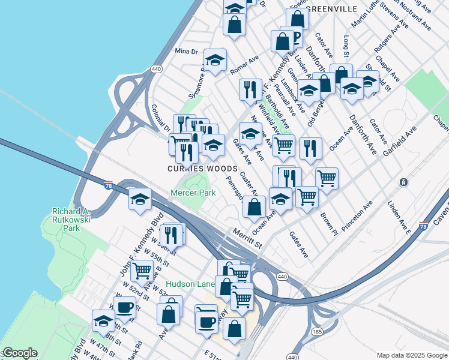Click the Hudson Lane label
click(190, 284)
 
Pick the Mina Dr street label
click(186, 52)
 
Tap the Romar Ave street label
click(244, 65)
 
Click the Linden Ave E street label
click(399, 219)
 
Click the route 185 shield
click(316, 331)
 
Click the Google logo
click(20, 353)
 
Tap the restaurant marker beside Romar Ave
click(250, 89)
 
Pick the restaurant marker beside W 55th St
click(173, 235)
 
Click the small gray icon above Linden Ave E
click(404, 182)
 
